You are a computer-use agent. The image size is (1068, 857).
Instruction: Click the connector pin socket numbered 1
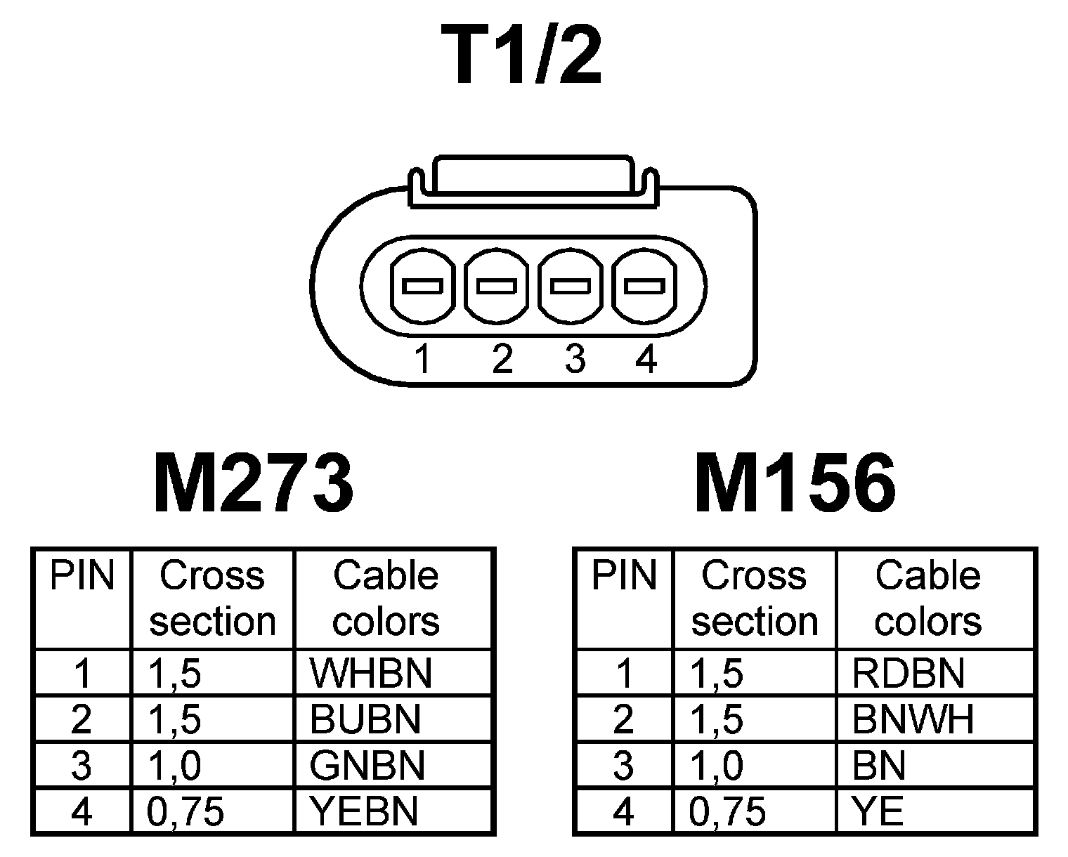(422, 287)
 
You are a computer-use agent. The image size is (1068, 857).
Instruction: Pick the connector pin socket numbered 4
(645, 287)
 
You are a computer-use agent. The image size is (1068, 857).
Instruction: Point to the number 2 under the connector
(502, 360)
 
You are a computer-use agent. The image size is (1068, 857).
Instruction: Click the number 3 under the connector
(575, 360)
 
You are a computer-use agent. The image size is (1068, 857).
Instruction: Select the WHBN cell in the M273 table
(370, 673)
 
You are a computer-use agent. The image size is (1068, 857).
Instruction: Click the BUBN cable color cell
(365, 719)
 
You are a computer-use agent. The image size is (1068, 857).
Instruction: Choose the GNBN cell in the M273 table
(367, 765)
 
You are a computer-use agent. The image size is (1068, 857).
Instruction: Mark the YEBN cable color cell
(364, 811)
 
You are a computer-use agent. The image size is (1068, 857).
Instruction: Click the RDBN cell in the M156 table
(908, 673)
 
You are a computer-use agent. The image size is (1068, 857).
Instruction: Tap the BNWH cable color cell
(913, 719)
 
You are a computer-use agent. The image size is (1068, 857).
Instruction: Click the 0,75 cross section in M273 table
(185, 811)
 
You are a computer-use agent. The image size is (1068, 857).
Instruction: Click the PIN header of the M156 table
(624, 576)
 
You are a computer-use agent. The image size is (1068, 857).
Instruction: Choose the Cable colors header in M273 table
(386, 598)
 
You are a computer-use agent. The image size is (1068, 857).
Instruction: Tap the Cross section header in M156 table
(755, 598)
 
